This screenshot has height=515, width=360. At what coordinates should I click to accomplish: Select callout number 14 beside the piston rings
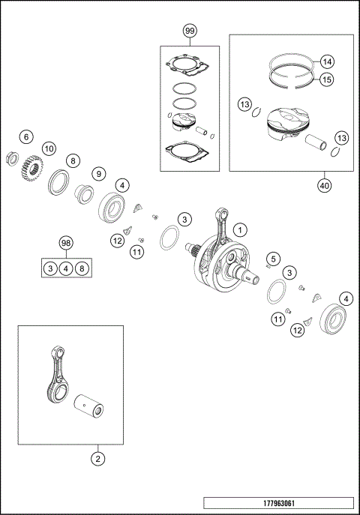click(327, 61)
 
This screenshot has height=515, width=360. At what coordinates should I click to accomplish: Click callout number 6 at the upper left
click(25, 137)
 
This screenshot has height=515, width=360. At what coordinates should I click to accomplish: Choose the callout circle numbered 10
click(48, 148)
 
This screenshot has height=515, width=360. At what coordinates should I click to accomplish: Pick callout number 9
click(98, 173)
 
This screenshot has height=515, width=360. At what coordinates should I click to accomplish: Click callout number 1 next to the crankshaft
click(239, 229)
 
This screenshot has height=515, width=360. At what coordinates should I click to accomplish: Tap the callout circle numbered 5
click(274, 259)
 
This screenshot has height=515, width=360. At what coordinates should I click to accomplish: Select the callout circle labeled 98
click(66, 244)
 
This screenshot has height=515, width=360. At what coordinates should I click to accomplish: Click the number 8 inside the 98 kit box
click(82, 268)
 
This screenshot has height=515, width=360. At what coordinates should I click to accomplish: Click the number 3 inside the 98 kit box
click(49, 268)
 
